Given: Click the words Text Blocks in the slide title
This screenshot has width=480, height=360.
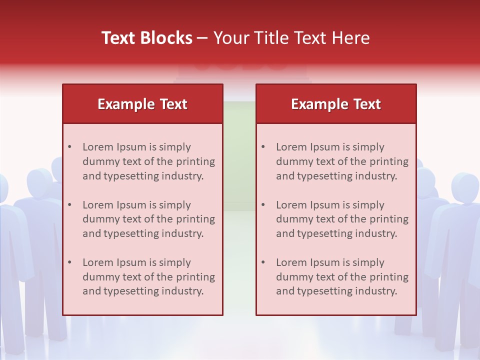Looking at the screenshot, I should pyautogui.click(x=147, y=38).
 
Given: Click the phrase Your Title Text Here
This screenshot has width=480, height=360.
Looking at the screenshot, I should pyautogui.click(x=291, y=38).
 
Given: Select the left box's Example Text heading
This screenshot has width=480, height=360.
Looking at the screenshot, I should pyautogui.click(x=142, y=104).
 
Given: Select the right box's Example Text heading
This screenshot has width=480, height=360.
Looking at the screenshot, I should pyautogui.click(x=336, y=104).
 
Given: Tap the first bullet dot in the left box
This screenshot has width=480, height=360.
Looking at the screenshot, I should pyautogui.click(x=69, y=147).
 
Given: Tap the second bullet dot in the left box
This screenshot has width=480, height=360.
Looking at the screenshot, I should pyautogui.click(x=69, y=205).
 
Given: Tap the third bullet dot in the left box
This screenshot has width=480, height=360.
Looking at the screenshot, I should pyautogui.click(x=69, y=262).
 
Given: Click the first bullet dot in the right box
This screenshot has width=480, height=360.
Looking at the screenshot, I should pyautogui.click(x=263, y=147).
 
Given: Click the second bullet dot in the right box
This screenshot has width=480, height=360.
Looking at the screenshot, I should pyautogui.click(x=263, y=205).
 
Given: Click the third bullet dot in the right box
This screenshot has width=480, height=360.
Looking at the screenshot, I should pyautogui.click(x=263, y=262).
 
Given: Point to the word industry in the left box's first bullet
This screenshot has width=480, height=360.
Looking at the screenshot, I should pyautogui.click(x=184, y=176).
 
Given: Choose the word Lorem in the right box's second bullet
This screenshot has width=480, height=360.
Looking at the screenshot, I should pyautogui.click(x=289, y=205).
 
